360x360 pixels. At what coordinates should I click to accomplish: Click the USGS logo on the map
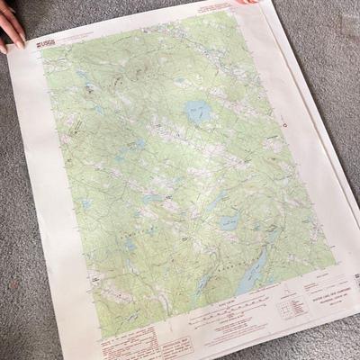tap(46, 40)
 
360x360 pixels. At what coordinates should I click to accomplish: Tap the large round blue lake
tap(198, 112)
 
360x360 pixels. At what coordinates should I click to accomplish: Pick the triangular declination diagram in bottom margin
tap(286, 297)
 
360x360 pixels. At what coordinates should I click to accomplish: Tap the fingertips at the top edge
tap(245, 3)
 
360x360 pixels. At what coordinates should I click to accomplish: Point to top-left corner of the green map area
tap(42, 49)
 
